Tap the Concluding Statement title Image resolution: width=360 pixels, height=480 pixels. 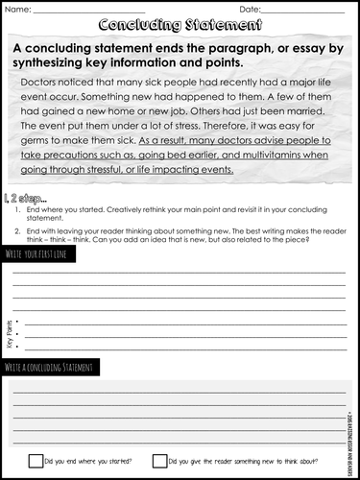coord(180,26)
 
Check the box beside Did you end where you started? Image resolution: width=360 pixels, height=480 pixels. coord(36,461)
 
